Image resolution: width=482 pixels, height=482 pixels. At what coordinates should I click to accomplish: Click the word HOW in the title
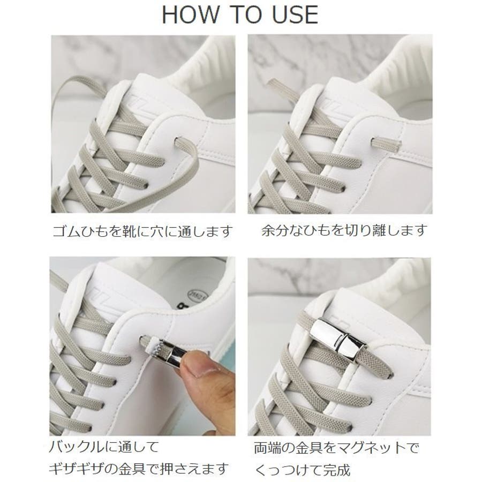[x=190, y=14]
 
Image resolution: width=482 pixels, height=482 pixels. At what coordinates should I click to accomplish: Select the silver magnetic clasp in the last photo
[x=338, y=339]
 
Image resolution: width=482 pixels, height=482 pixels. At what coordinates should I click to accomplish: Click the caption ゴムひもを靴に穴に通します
[x=142, y=231]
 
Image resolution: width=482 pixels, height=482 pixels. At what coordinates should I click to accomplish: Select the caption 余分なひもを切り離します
[x=344, y=230]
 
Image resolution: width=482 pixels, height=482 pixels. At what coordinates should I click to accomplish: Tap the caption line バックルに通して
[x=104, y=446]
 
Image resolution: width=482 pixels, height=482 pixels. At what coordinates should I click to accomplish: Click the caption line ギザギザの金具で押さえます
[x=138, y=469]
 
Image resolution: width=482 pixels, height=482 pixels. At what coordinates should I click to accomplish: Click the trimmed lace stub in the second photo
[x=386, y=143]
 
